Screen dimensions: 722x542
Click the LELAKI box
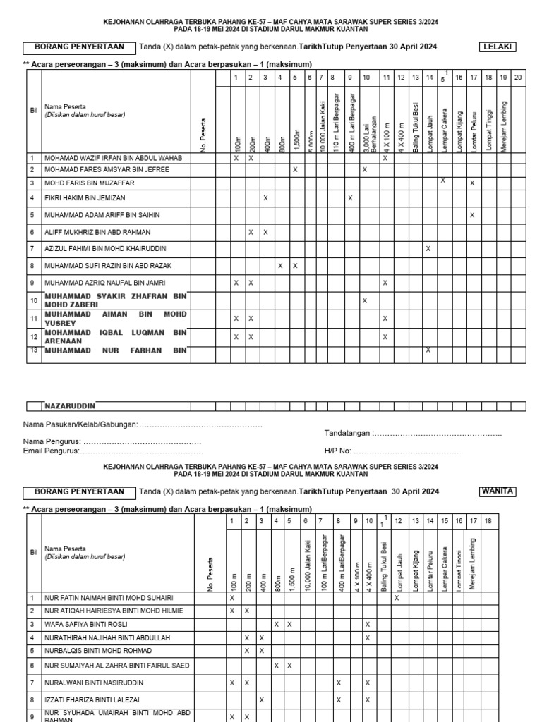498,47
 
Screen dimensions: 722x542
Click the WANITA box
498,491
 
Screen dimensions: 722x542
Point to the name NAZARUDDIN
70,406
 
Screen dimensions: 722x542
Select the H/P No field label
338,451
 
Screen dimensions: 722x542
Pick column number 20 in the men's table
517,77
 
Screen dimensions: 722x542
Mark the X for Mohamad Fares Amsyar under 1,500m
295,170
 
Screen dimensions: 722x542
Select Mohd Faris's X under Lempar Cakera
443,181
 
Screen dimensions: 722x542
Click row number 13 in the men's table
32,350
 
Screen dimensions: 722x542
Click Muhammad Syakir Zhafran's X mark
365,300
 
